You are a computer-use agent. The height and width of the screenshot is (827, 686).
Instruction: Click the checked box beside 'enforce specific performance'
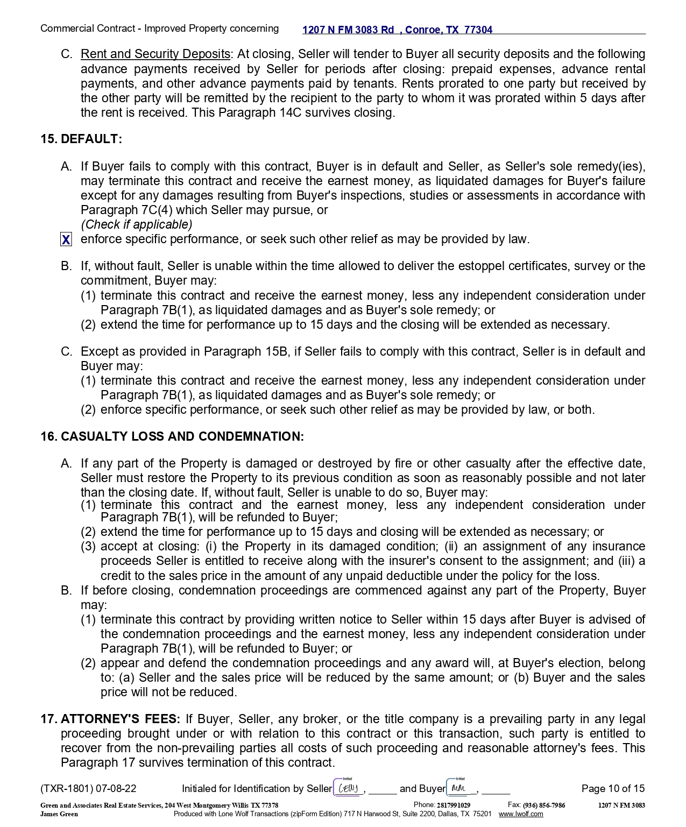66,239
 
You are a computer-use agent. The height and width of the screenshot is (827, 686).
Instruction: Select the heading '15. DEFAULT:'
81,139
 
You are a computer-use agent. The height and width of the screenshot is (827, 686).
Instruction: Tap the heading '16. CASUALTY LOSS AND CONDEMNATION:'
172,436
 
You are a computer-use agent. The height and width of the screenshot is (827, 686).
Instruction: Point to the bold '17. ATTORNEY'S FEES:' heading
110,719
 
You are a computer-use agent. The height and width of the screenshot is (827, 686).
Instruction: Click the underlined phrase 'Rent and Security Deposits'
155,54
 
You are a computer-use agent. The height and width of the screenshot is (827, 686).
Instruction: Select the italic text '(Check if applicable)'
136,224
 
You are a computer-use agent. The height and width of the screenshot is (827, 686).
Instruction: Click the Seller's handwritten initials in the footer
348,788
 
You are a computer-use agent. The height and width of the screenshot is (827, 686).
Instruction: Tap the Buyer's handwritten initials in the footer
459,788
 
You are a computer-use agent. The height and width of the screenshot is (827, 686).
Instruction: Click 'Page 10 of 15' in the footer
613,788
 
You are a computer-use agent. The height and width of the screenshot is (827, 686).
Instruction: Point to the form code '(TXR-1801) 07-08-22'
88,789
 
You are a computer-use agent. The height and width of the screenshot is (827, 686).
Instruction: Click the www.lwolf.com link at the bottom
520,814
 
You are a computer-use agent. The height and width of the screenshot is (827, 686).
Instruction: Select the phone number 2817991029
453,805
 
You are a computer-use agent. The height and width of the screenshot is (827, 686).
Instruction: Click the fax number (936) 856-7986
543,805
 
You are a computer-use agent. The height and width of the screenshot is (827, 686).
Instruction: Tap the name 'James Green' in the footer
59,814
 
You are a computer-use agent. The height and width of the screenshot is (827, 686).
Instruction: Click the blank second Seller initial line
382,789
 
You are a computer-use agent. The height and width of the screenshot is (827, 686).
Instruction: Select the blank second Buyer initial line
496,789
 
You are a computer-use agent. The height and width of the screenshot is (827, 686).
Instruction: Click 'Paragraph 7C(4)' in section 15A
126,210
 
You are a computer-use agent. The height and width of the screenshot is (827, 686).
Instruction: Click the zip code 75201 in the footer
482,814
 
